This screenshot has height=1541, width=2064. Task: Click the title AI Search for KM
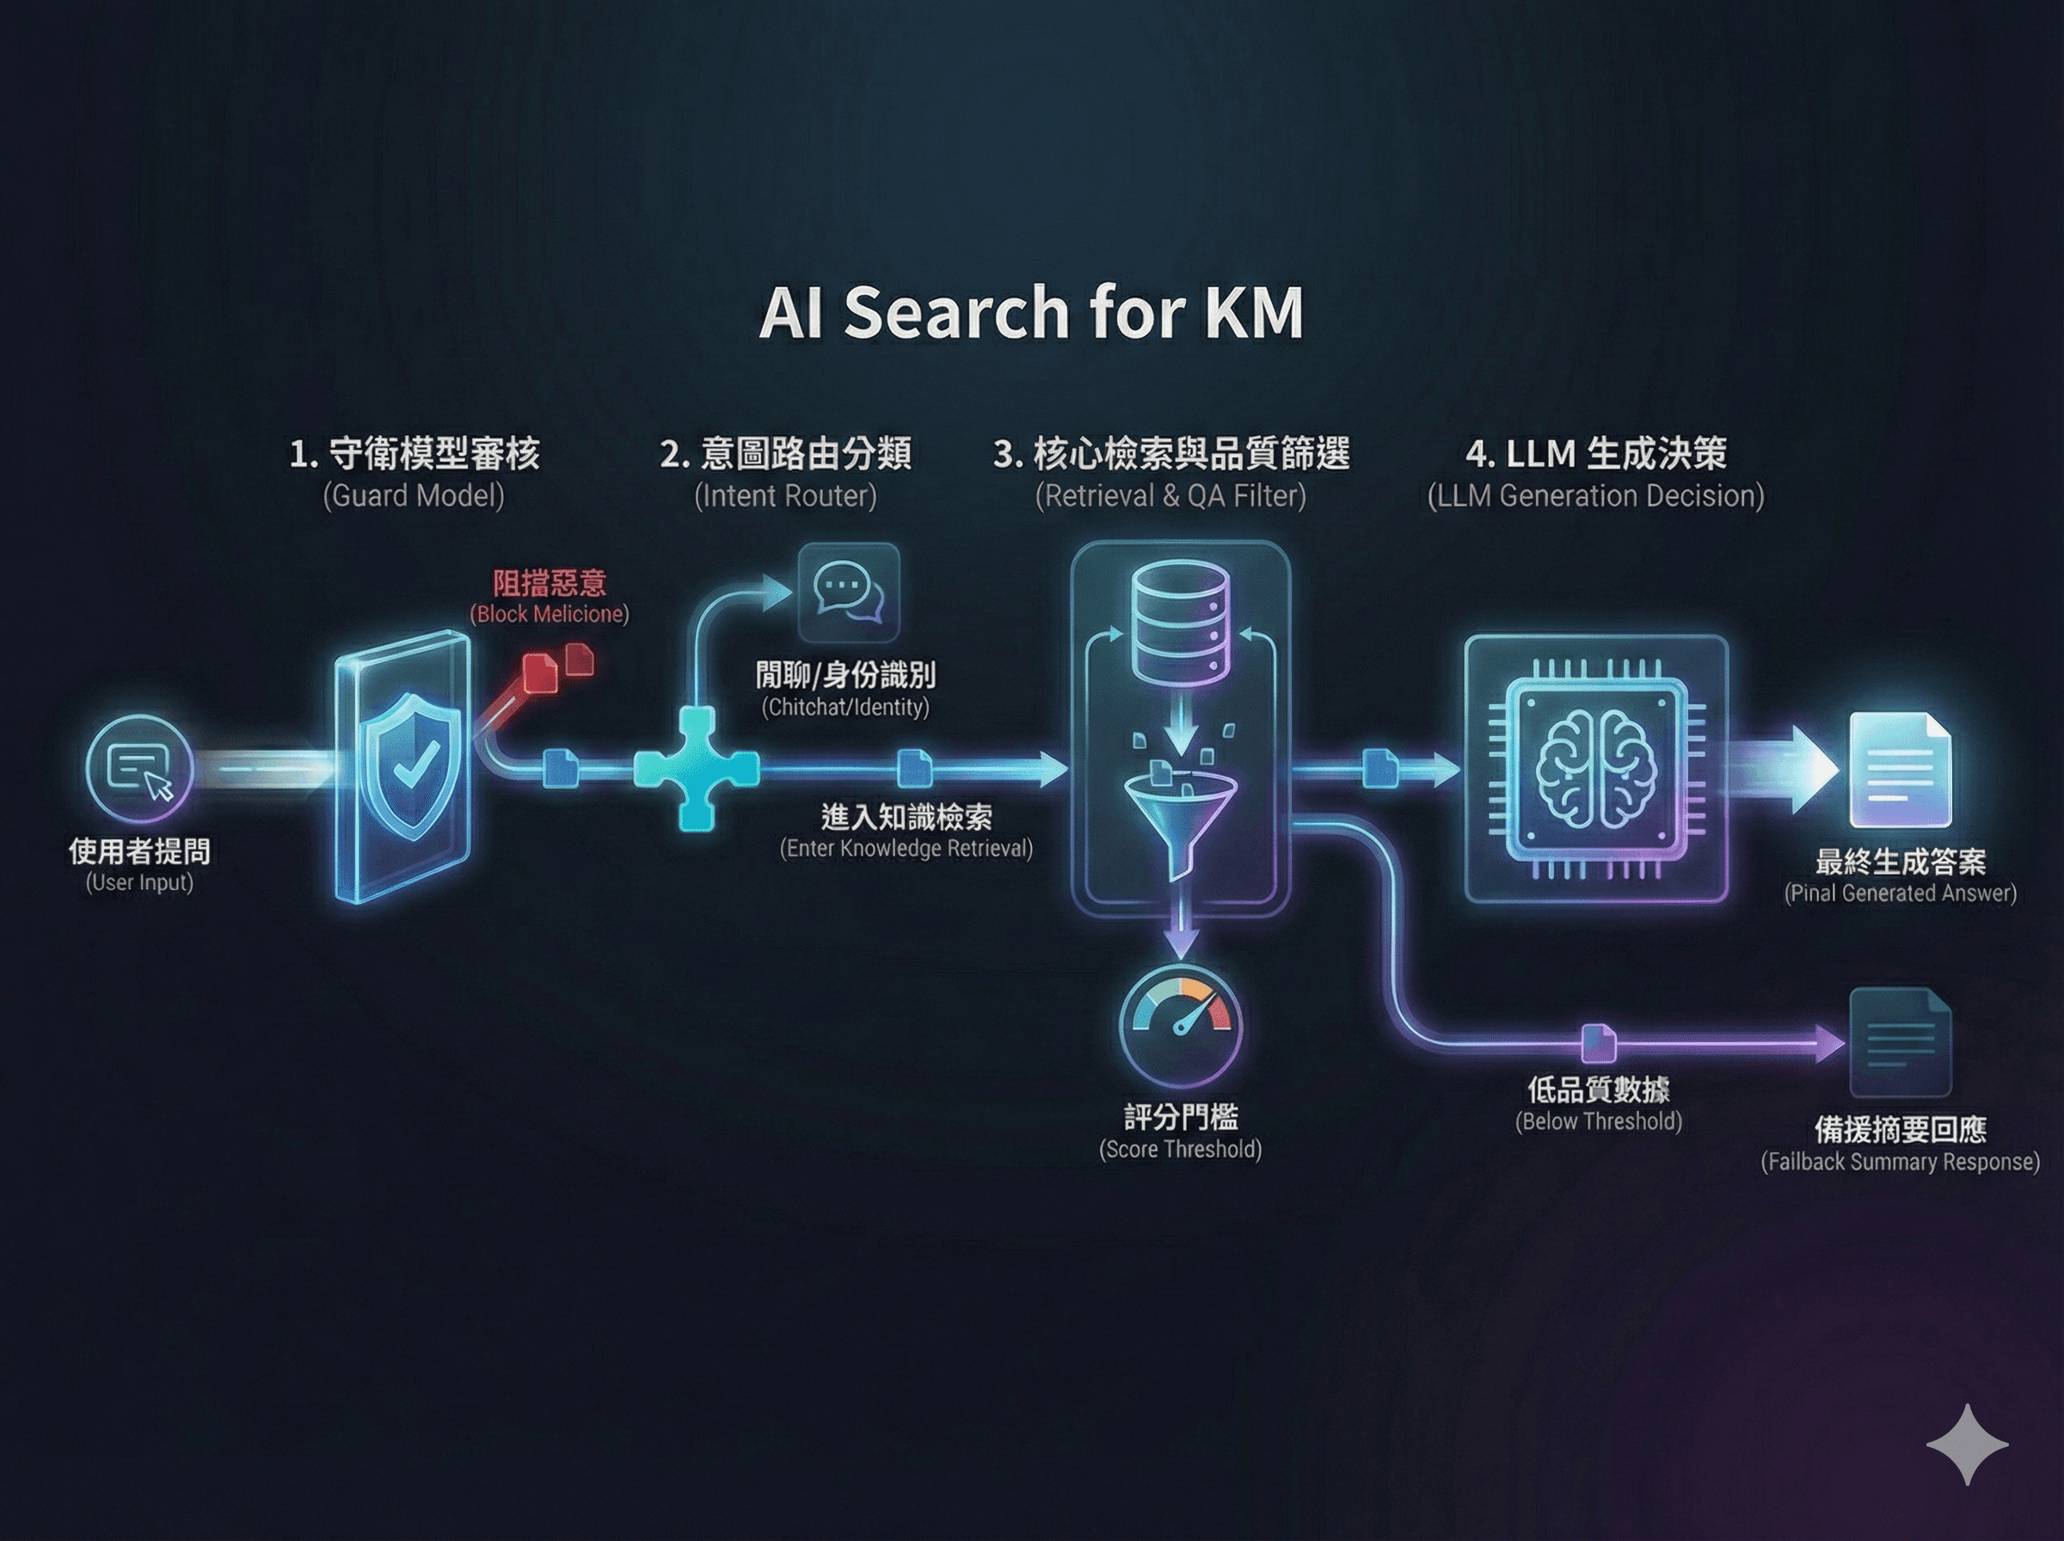pyautogui.click(x=1030, y=312)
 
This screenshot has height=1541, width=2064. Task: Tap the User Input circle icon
pyautogui.click(x=140, y=769)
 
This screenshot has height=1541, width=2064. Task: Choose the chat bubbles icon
pyautogui.click(x=848, y=592)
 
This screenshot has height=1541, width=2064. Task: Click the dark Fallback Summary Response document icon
pyautogui.click(x=1900, y=1042)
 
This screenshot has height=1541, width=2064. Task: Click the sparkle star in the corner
pyautogui.click(x=1967, y=1444)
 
